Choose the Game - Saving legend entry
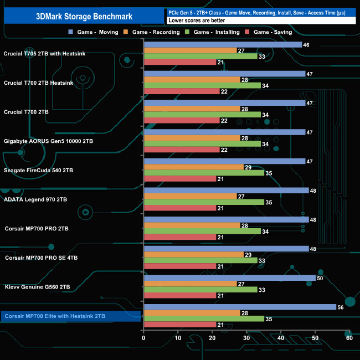(271, 32)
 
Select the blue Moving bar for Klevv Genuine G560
(229, 278)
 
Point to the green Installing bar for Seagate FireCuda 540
(204, 173)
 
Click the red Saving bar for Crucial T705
(179, 63)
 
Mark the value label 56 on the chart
(341, 307)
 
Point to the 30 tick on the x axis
(246, 338)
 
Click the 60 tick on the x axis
(349, 338)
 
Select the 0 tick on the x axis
(144, 338)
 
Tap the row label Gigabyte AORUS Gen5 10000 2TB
(48, 141)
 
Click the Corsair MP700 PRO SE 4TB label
(42, 258)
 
